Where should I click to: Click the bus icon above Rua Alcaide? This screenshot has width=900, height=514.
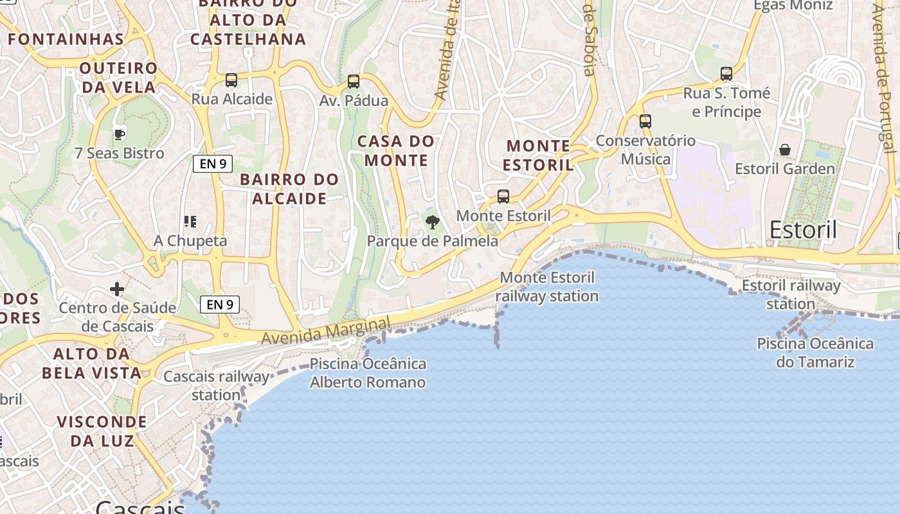tap(231, 80)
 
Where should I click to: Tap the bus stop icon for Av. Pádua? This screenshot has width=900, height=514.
tap(353, 82)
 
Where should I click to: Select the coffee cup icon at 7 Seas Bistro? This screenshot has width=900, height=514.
tap(119, 134)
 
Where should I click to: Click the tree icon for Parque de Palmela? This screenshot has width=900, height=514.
tap(433, 222)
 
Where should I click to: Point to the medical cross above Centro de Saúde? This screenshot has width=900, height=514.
tap(116, 289)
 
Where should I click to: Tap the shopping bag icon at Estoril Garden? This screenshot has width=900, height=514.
tap(785, 150)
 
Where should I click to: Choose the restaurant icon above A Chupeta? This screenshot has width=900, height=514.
tap(190, 222)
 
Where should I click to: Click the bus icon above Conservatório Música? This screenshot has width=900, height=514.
tap(645, 121)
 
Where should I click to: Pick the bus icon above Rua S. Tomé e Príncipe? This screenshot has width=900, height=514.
tap(726, 74)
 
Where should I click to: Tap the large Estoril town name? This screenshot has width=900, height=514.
tap(803, 229)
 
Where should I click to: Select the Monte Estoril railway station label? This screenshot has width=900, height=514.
tap(547, 287)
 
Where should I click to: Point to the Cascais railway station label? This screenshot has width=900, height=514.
tap(217, 385)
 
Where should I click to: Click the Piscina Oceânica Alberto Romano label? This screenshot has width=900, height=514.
tap(368, 373)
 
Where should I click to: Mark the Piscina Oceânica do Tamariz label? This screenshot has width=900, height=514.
tap(815, 353)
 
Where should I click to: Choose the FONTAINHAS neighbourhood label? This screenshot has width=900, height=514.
tap(66, 39)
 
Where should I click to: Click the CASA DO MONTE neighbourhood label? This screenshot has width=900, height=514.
tap(396, 150)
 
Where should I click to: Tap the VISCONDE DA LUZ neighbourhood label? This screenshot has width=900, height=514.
tap(102, 431)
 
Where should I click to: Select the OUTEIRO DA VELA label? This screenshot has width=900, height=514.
tap(119, 77)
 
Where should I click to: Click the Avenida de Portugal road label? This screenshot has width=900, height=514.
tap(886, 77)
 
